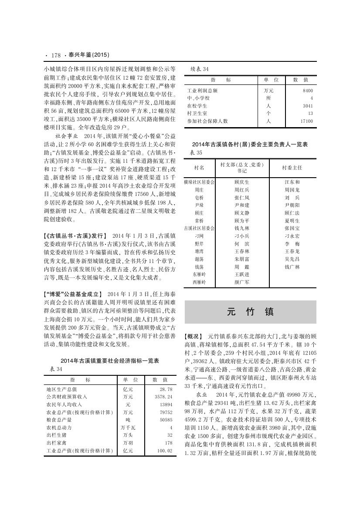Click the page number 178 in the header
point(55,55)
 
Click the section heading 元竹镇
point(250,312)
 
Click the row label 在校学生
point(197,106)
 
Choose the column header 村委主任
point(292,167)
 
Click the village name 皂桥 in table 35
point(199,197)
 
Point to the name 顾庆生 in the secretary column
point(242,182)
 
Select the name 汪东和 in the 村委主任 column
point(292,182)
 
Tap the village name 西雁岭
point(199,282)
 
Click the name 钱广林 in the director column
point(292,266)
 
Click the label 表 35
point(197,153)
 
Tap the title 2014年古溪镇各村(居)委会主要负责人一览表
point(250,144)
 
